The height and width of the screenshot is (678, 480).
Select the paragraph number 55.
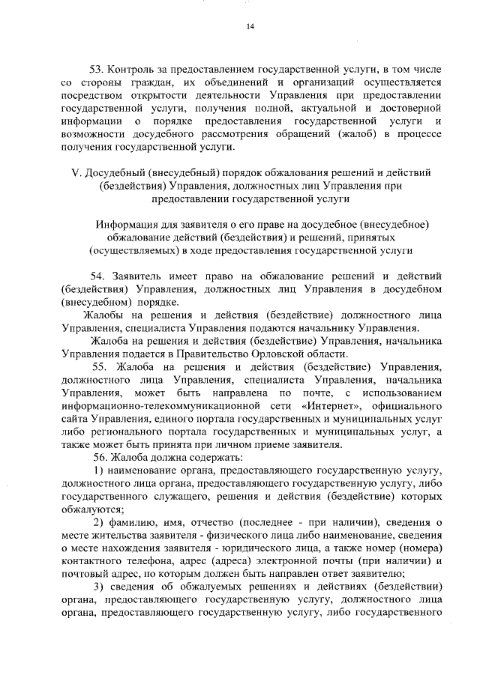click(101, 366)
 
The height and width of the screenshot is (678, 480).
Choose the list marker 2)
click(97, 522)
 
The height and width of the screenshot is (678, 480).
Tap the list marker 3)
click(97, 587)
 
